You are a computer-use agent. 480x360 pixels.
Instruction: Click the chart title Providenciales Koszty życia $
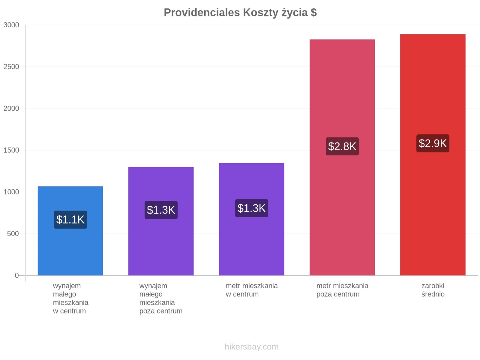240,13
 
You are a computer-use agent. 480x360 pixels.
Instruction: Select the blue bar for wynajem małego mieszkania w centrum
70,231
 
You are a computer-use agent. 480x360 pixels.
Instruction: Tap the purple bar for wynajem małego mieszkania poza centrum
161,221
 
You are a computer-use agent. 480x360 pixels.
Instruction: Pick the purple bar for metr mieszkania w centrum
251,219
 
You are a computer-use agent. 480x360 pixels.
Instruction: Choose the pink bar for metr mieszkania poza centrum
342,157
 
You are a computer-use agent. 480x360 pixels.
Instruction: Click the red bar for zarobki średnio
433,154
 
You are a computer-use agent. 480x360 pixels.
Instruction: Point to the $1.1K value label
70,220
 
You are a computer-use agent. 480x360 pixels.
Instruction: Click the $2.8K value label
342,146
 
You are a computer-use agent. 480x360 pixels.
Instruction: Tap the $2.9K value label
433,143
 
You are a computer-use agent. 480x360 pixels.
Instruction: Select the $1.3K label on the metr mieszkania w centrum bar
251,208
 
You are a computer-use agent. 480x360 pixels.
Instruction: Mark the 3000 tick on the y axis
11,25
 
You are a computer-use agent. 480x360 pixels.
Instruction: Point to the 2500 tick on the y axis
11,67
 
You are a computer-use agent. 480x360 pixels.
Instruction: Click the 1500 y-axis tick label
11,150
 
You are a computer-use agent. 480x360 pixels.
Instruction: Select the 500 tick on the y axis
13,234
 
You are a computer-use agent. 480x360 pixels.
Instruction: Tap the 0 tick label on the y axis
17,275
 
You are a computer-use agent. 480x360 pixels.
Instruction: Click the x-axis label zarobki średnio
433,290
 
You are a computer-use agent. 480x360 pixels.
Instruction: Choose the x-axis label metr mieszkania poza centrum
342,290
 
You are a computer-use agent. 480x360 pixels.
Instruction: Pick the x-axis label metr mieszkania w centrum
252,290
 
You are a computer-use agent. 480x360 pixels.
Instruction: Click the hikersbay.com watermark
251,346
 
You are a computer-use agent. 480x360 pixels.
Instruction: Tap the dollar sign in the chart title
314,13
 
